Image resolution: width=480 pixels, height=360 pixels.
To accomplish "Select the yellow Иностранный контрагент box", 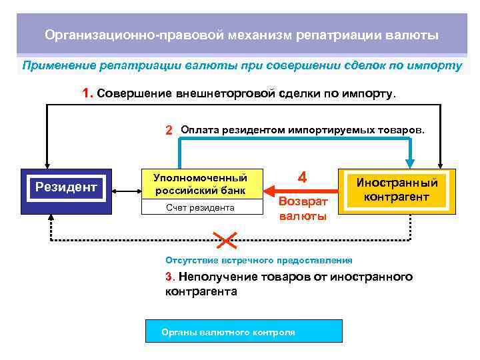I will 397,189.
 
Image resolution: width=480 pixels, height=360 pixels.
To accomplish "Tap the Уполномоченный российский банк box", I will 200,183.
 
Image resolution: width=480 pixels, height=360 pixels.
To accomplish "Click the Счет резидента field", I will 200,207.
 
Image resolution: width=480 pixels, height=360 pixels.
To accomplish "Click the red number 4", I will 302,178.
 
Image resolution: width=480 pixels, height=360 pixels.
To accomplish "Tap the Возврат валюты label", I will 303,208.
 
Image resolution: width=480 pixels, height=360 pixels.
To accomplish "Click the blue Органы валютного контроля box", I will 243,331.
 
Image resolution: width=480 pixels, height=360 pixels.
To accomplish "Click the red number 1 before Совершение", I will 87,94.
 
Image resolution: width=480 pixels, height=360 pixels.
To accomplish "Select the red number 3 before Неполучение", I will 169,277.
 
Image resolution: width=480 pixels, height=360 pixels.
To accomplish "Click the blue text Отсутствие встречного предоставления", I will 259,260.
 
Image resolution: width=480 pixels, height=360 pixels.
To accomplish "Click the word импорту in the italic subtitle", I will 433,66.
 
